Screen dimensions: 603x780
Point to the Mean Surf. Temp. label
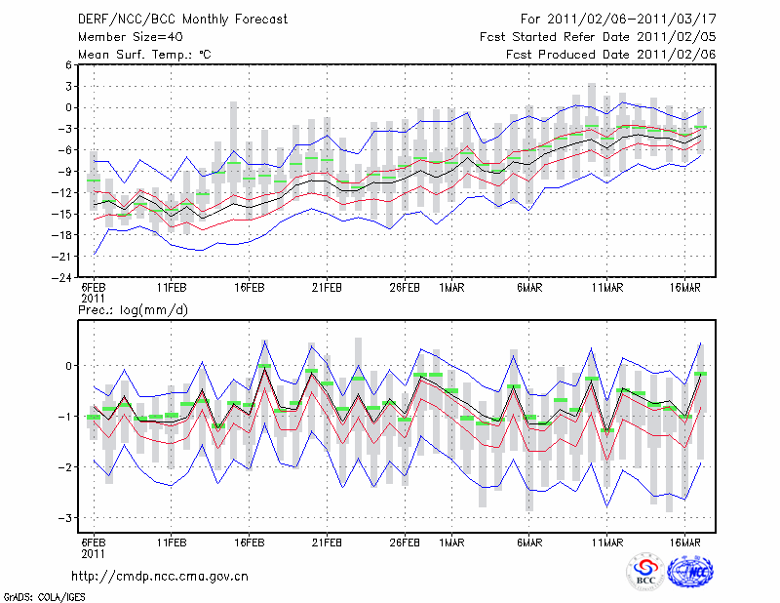click(x=145, y=55)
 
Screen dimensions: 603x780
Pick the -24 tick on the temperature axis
click(x=61, y=277)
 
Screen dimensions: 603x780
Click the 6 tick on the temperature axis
click(x=66, y=64)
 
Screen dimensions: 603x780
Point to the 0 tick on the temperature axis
click(x=66, y=107)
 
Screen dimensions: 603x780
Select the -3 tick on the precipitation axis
click(x=63, y=518)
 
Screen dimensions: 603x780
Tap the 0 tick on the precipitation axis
click(x=66, y=366)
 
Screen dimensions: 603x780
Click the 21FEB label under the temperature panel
click(x=327, y=289)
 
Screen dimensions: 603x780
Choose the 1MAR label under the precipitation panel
click(x=451, y=542)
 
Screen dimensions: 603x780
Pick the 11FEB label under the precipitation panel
click(x=172, y=542)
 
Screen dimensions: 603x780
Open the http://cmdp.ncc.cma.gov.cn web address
click(x=160, y=576)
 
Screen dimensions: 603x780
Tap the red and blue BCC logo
click(x=644, y=573)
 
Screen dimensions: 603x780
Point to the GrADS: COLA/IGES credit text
click(x=38, y=595)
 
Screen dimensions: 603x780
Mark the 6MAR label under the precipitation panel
click(x=529, y=542)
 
